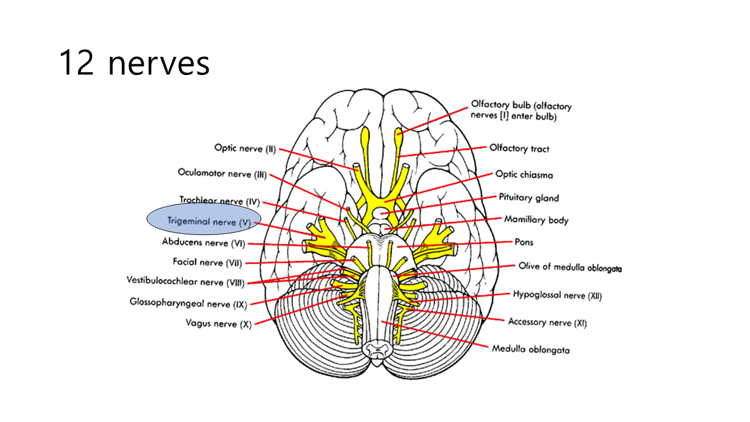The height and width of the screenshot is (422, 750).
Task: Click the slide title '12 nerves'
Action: tap(134, 63)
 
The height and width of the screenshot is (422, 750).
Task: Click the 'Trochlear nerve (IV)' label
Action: tap(219, 202)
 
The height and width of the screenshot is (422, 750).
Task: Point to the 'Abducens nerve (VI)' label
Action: tap(203, 243)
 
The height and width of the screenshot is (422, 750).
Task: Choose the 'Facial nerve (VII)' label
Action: tap(207, 263)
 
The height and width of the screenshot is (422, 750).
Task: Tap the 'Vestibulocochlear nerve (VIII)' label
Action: tap(185, 281)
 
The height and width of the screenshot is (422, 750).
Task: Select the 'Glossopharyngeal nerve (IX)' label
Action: tap(188, 303)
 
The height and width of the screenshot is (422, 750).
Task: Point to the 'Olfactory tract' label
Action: tap(519, 149)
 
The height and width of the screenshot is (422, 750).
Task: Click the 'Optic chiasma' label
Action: tap(524, 175)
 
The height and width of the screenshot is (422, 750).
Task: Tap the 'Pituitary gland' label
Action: tap(529, 198)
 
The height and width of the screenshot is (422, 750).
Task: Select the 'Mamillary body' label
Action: tap(536, 220)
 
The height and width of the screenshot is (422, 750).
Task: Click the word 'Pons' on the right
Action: tap(524, 242)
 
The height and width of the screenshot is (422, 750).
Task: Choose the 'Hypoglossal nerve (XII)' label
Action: tap(557, 295)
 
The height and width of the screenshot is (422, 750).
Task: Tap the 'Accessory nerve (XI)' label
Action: tap(547, 322)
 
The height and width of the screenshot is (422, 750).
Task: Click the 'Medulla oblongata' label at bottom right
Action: tap(530, 349)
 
